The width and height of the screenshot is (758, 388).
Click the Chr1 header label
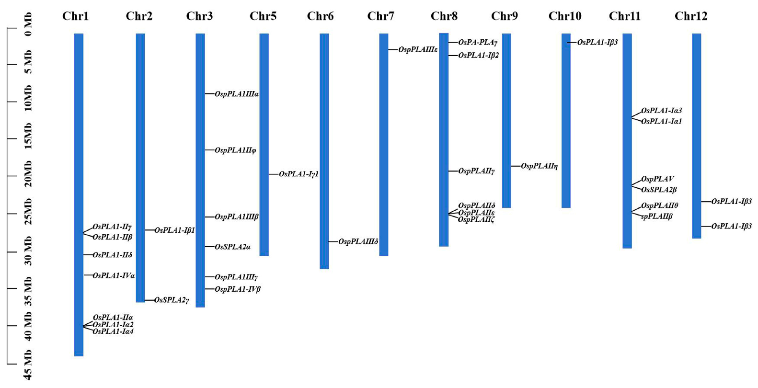point(75,16)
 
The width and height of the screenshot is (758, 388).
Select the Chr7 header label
point(380,16)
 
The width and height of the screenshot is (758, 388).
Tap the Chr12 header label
point(690,16)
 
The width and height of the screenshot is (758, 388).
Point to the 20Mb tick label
point(28,174)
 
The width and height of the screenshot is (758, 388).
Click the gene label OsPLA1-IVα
point(114,275)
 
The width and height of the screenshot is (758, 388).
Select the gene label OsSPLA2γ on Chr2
point(172,300)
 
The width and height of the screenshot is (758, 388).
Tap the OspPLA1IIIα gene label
point(237,94)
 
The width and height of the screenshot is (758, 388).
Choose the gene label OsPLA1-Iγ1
point(299,174)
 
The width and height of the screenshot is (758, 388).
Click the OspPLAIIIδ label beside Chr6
point(358,241)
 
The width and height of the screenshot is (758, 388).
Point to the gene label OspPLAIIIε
point(418,49)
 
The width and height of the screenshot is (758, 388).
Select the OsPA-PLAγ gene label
point(478,43)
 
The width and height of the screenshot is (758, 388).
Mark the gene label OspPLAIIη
point(539,166)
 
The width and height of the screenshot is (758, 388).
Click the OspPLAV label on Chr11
point(657,179)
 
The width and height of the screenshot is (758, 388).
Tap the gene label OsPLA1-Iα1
point(661,122)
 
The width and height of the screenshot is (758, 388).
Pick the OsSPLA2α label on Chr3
point(232,247)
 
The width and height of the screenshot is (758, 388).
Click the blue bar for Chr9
point(506,120)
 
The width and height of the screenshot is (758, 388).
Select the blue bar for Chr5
point(264,144)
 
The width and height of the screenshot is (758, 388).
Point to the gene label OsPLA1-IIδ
point(112,255)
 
